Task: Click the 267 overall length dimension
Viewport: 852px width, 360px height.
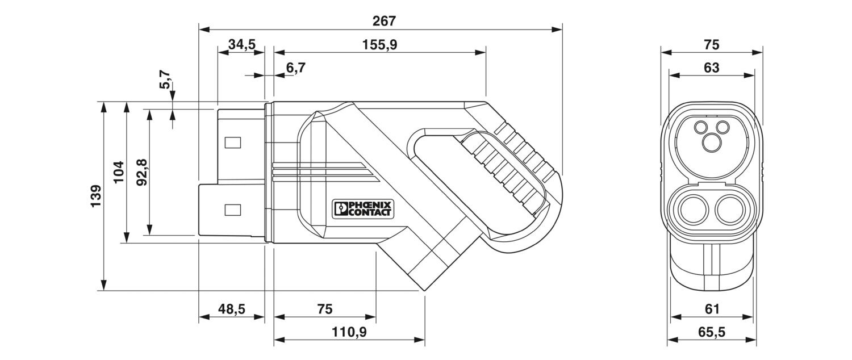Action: (384, 21)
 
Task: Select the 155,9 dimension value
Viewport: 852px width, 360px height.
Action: (379, 45)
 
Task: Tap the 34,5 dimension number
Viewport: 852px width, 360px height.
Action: (242, 45)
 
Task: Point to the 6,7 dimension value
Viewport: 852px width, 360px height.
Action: (295, 68)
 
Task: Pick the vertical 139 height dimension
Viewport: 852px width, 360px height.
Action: (95, 196)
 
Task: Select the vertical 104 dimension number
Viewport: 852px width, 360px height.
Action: (119, 172)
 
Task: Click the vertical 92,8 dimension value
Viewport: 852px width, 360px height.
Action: (141, 172)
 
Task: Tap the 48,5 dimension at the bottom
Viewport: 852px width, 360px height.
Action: (232, 309)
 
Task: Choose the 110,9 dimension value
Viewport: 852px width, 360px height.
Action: (349, 332)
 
